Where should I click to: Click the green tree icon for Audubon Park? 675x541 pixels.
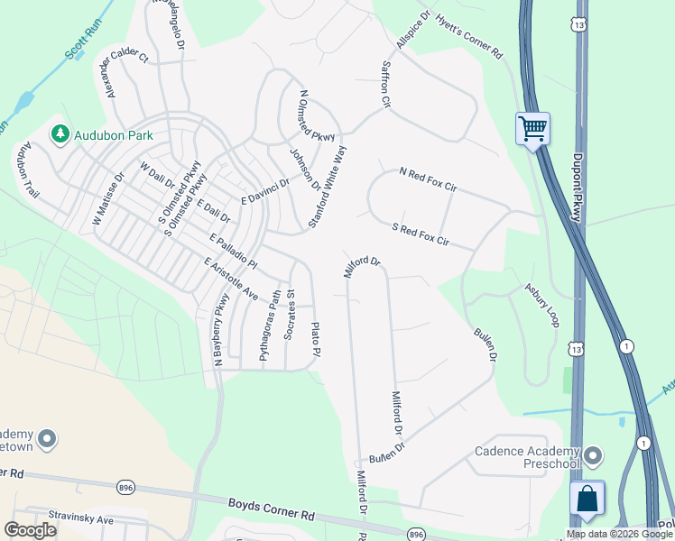61,134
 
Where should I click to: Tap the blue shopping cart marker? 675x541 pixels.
532,128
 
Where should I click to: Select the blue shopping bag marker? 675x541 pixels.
587,499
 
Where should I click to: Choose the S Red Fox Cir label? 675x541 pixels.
420,235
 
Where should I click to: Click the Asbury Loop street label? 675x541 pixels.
542,305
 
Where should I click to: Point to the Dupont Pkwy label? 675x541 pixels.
578,187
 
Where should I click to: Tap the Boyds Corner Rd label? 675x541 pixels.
270,510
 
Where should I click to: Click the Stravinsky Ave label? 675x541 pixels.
81,520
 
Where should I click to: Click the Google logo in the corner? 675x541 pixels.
31,529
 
